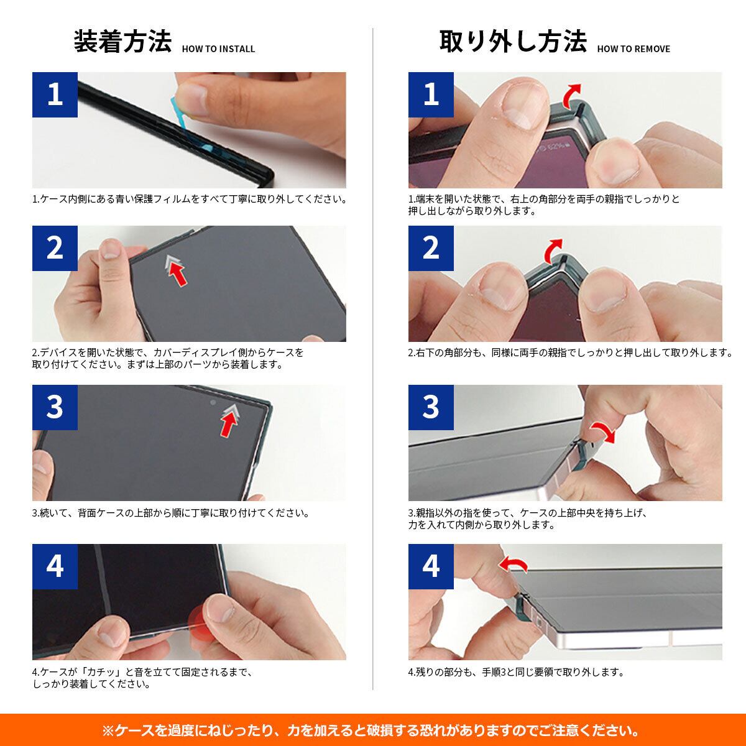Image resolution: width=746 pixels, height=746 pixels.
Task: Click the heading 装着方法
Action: click(x=122, y=42)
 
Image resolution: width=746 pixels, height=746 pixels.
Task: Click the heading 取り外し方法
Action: click(x=513, y=42)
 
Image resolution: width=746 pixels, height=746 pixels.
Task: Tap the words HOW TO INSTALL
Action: click(x=218, y=48)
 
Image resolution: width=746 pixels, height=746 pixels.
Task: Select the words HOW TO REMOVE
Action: click(x=633, y=48)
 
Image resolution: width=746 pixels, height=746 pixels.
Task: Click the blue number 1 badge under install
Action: click(x=55, y=94)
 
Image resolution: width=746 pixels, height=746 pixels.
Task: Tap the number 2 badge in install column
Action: click(x=55, y=248)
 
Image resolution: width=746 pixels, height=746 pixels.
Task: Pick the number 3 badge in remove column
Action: click(x=431, y=407)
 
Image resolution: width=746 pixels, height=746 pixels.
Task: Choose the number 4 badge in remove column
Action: click(x=431, y=566)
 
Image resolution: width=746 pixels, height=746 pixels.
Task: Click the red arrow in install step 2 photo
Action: click(x=177, y=272)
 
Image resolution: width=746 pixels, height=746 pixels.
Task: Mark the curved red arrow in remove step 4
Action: click(x=513, y=563)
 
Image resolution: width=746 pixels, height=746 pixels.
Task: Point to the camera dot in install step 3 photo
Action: click(x=213, y=403)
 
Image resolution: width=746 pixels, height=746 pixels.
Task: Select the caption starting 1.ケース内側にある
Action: click(x=190, y=199)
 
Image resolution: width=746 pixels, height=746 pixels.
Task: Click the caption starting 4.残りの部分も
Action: click(x=516, y=672)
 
